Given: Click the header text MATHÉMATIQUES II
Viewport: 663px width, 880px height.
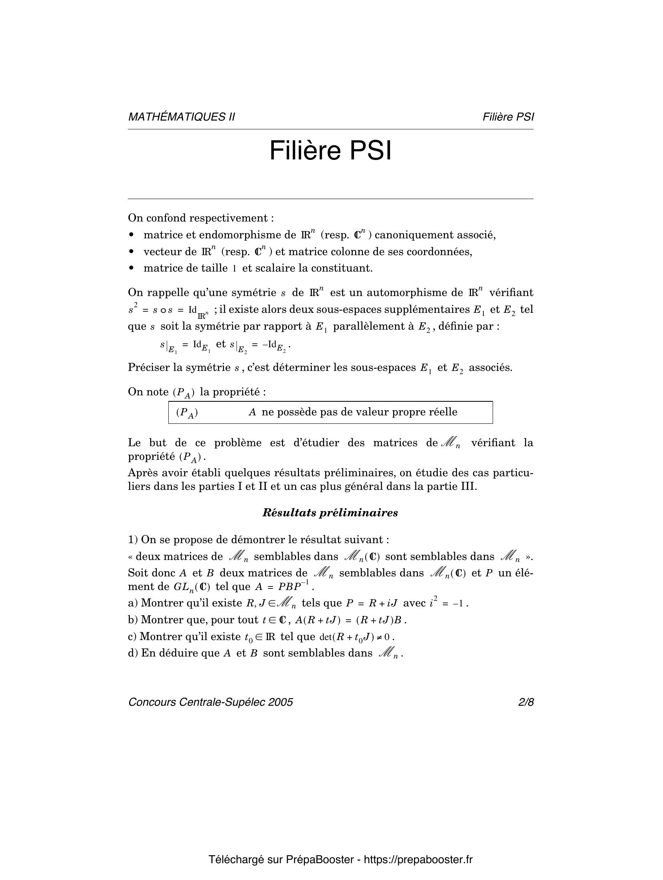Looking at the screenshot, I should (181, 117).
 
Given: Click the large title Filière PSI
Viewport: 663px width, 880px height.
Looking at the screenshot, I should (330, 151).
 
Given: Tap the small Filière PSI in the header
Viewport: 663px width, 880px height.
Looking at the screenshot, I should (508, 117).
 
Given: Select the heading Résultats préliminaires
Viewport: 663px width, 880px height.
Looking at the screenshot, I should (330, 513).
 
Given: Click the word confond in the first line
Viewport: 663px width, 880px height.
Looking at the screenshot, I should (167, 218).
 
